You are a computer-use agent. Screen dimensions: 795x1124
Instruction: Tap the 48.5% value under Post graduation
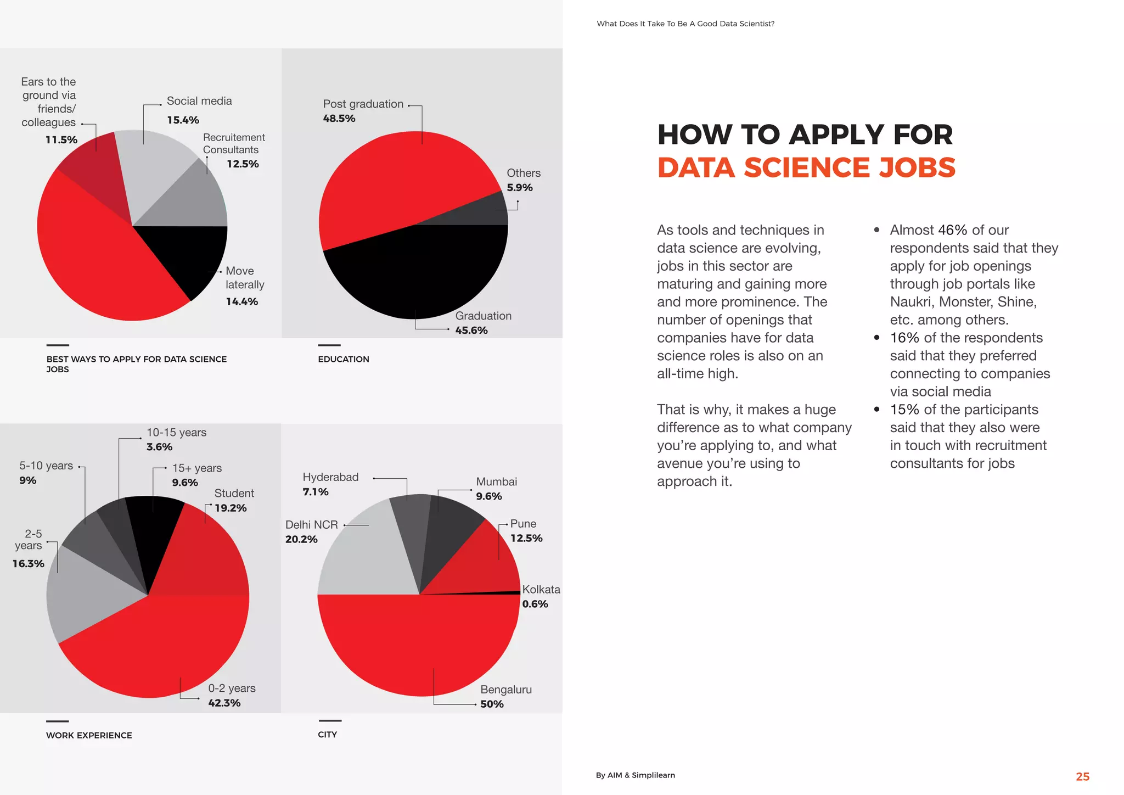(339, 119)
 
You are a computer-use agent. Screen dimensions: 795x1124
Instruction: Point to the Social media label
(199, 101)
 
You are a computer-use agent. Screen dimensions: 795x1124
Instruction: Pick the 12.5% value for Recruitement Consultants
(243, 164)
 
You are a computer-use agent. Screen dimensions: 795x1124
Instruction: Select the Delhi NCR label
(311, 525)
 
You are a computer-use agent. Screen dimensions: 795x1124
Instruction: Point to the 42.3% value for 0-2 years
(224, 703)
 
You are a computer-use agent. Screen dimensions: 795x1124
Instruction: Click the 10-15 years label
(176, 433)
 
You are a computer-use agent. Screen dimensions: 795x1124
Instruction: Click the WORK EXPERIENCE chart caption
(89, 735)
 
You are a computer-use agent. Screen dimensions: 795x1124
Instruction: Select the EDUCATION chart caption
(344, 359)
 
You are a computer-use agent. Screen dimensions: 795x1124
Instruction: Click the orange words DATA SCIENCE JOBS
(806, 167)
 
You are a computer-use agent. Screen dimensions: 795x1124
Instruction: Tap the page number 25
(1082, 776)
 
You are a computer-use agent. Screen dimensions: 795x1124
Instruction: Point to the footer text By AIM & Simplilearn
(635, 775)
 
